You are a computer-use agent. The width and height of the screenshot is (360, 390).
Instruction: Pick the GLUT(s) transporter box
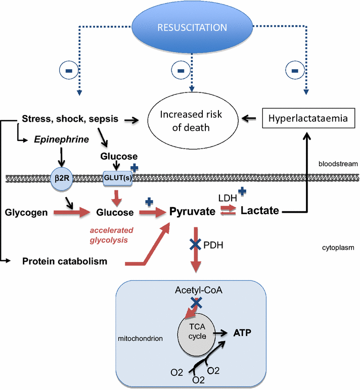[x=115, y=178]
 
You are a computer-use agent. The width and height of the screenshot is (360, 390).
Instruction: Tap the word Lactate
[x=259, y=211]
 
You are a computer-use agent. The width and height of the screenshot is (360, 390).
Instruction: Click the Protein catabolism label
[x=64, y=261]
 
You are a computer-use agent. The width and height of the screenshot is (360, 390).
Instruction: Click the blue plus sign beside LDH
[x=242, y=191]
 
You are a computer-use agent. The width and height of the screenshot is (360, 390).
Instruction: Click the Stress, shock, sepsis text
[x=70, y=119]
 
